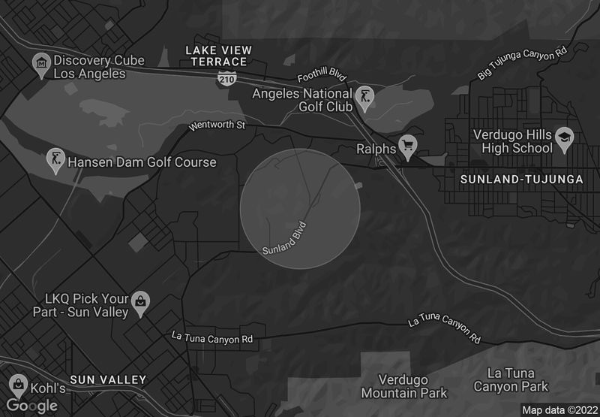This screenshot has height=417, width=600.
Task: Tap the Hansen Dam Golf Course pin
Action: click(55, 159)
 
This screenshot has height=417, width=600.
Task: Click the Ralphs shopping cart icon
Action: click(407, 146)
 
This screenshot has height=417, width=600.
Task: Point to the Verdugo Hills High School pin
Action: click(564, 138)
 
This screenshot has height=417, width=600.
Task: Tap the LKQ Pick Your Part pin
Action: click(139, 303)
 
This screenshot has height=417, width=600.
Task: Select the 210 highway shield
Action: click(226, 77)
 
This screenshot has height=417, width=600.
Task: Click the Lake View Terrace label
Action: click(218, 56)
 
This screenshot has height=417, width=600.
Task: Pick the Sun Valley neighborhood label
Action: click(108, 380)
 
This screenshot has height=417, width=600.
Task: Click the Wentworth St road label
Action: click(217, 125)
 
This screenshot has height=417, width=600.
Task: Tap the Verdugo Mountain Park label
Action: click(403, 386)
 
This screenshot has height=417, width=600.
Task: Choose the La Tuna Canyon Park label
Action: click(511, 379)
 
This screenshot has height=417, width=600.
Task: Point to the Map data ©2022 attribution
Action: click(559, 410)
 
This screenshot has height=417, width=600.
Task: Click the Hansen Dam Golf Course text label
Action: click(142, 162)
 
